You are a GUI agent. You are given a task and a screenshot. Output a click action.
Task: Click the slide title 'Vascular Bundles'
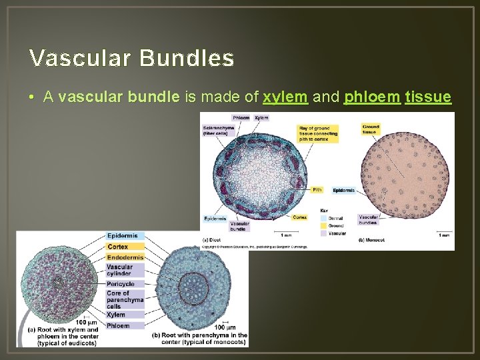pos(131,59)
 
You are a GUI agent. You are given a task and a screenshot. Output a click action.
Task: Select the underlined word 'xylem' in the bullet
pos(285,97)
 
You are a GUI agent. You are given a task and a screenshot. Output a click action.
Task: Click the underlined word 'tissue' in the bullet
pos(427,97)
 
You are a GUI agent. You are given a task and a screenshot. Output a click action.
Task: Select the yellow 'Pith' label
pos(317,190)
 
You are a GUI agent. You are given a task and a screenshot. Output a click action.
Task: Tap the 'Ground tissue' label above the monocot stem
pos(370,129)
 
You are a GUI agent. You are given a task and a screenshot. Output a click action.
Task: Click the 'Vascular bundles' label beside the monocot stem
pos(369,219)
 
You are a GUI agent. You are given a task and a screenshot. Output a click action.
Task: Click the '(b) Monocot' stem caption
pos(371,239)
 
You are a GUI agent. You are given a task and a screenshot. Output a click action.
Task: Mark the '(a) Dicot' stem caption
pos(212,239)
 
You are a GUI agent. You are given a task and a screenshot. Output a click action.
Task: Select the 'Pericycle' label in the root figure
pos(121,283)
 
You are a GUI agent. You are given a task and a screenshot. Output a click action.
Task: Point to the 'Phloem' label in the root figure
pos(118,325)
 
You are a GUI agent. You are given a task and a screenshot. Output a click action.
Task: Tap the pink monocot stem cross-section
pos(406,180)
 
